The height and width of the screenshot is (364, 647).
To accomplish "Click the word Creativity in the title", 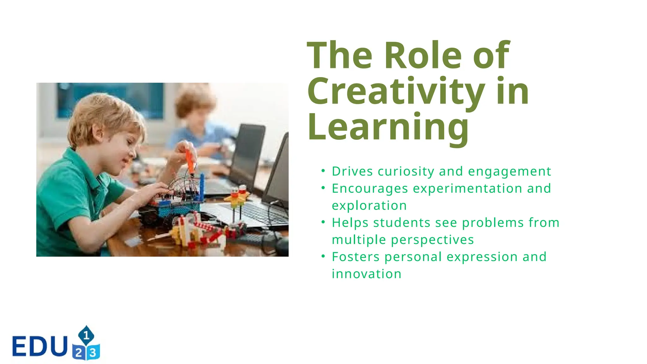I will [396, 91].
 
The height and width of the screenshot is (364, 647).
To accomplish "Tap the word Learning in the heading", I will [388, 127].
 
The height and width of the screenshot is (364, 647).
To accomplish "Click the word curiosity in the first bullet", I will [406, 172].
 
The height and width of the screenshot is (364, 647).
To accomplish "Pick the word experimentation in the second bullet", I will [467, 189].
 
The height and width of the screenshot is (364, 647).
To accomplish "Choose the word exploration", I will [369, 206].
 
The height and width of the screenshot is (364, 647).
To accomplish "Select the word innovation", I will [366, 274].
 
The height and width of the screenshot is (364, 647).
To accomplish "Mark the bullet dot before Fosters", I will [323, 256].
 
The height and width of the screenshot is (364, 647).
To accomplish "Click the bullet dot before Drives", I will [323, 171].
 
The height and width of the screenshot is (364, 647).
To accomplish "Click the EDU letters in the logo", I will [40, 346].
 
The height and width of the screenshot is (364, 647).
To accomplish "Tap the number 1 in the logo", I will [86, 335].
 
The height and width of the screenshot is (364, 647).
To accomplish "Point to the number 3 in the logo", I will [93, 352].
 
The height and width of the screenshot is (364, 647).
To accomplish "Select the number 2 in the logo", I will [79, 353].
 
